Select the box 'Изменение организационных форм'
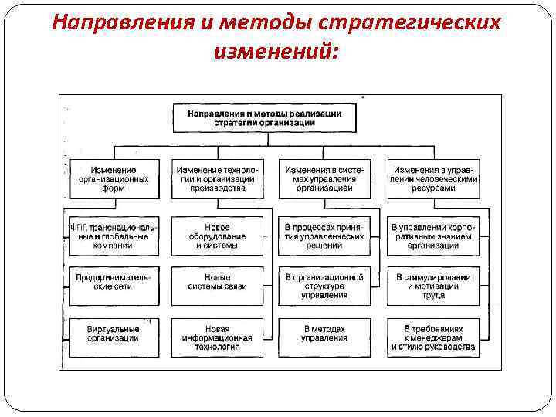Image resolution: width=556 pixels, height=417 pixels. click(x=114, y=179)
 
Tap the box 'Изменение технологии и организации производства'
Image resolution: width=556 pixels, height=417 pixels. click(x=217, y=179)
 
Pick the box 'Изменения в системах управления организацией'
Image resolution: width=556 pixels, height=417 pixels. click(x=324, y=179)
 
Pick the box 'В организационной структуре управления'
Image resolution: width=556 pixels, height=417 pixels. click(x=324, y=285)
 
